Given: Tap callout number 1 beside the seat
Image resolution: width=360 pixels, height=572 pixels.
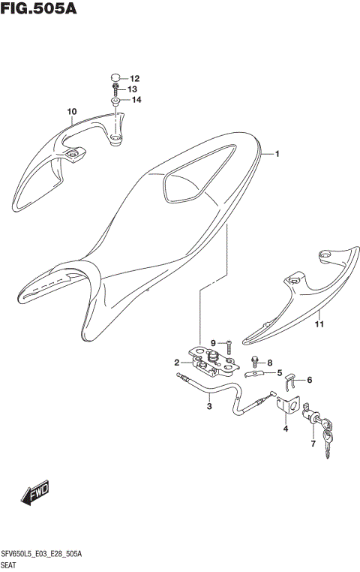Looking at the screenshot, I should pos(277,155).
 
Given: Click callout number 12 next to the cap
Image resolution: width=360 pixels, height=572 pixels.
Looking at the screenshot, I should pos(135,79).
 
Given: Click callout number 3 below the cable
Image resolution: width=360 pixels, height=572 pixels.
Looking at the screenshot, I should pos(209,407).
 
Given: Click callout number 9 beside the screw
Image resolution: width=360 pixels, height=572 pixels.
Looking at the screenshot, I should pos(213,343).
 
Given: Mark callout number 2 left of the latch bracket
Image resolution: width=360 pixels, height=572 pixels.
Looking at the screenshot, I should pos(177,363).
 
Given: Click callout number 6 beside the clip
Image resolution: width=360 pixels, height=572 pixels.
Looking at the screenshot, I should pos(309,380).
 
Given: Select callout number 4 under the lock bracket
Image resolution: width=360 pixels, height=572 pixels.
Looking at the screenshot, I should pos(285,429).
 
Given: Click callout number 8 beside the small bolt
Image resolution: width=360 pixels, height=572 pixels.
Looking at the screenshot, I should pos(269,362).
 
